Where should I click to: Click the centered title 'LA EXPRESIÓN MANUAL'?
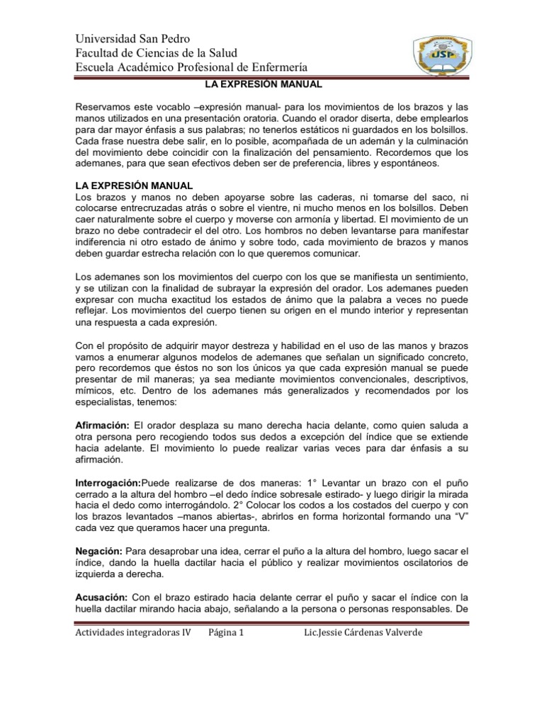(x=273, y=84)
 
